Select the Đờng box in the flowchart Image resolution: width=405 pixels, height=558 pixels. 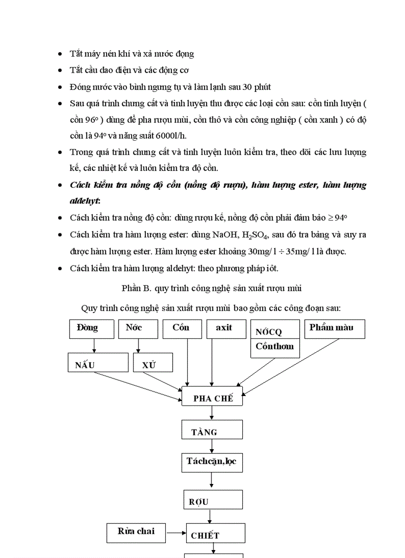coord(88,328)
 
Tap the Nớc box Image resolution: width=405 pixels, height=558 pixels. coord(137,328)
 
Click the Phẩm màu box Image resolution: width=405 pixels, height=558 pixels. coord(334,329)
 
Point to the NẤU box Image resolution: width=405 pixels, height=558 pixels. coord(98,362)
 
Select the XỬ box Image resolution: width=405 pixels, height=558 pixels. coord(153,362)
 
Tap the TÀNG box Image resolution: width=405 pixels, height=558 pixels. coord(212,429)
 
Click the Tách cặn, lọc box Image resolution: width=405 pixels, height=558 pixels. coord(212,463)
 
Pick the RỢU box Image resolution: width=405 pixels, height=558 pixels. coord(212,499)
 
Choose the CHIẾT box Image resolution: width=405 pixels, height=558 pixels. coord(215,533)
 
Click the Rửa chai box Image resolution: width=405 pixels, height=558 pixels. coord(136,533)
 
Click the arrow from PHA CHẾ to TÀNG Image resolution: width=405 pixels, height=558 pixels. coord(212,412)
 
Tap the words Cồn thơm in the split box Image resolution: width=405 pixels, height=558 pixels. coord(274,347)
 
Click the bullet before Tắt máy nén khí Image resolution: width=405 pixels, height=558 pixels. coord(60,54)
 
